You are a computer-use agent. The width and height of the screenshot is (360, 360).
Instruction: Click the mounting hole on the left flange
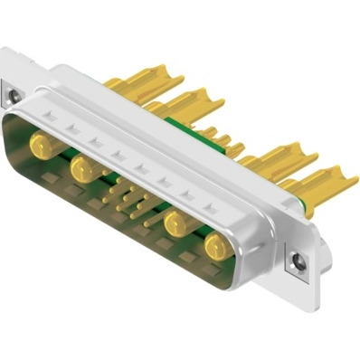13,91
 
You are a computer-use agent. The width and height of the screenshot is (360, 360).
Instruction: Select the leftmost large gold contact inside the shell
41,143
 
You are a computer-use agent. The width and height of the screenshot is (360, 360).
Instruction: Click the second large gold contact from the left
85,169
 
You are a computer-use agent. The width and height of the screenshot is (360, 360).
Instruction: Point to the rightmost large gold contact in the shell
214,247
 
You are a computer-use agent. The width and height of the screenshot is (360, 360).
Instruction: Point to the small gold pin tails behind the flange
226,145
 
